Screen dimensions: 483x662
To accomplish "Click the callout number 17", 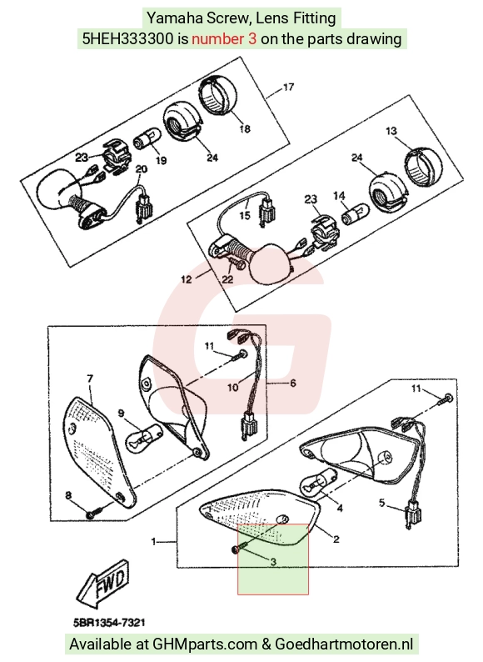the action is (x=288, y=88).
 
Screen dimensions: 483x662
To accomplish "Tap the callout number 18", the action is (x=245, y=128).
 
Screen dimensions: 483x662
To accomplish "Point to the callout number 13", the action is (x=391, y=131).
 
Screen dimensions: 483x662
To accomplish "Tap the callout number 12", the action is (x=186, y=279).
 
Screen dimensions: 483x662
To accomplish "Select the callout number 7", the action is (x=90, y=379).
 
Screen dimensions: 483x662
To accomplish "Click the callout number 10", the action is (x=233, y=387).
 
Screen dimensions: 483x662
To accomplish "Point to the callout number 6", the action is (x=293, y=383).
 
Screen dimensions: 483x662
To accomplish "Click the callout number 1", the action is (x=154, y=541).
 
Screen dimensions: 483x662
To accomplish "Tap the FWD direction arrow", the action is (x=103, y=584).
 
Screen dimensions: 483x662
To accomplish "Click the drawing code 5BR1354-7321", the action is (x=110, y=623).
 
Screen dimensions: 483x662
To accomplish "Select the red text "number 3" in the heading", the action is (x=224, y=39).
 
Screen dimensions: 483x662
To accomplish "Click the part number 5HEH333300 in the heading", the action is (x=127, y=39).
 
